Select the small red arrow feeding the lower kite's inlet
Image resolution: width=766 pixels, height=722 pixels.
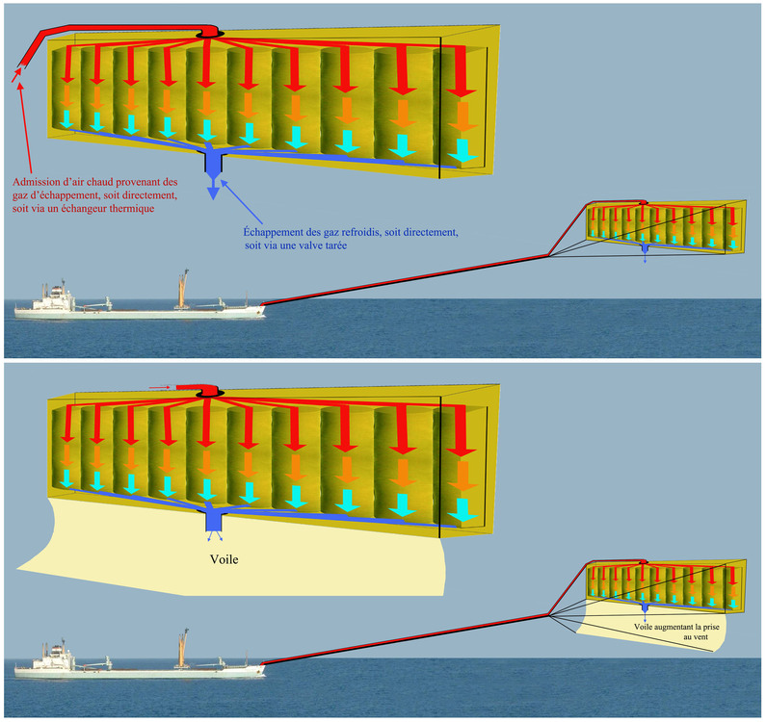tap(160, 387)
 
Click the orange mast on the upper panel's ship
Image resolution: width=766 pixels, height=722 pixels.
tap(181, 288)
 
